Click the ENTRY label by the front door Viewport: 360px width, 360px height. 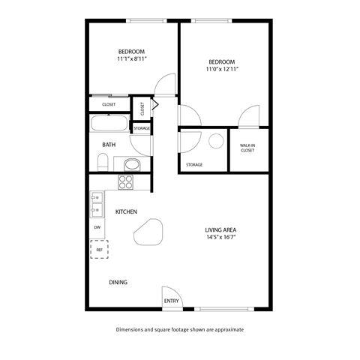(x=171, y=301)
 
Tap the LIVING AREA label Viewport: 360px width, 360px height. (x=221, y=229)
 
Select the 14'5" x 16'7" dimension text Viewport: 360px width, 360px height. (x=221, y=238)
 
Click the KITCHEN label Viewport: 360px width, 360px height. (x=126, y=212)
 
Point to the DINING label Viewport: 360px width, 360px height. (x=118, y=283)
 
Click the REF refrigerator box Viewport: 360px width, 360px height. (x=98, y=248)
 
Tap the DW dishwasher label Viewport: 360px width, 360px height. (x=97, y=226)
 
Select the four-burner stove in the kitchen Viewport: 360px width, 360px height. (x=125, y=181)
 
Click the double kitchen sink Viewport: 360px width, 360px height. (x=97, y=202)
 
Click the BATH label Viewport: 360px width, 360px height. (x=109, y=144)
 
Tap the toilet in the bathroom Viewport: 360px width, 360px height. (x=103, y=161)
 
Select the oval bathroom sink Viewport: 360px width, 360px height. (x=131, y=164)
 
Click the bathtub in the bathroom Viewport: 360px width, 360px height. (x=109, y=124)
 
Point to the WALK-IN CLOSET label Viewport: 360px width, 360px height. (x=247, y=148)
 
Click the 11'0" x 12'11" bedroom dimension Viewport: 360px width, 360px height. (x=222, y=69)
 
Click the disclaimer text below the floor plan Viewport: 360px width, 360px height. (x=180, y=329)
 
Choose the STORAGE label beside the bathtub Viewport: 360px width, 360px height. (x=142, y=128)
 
